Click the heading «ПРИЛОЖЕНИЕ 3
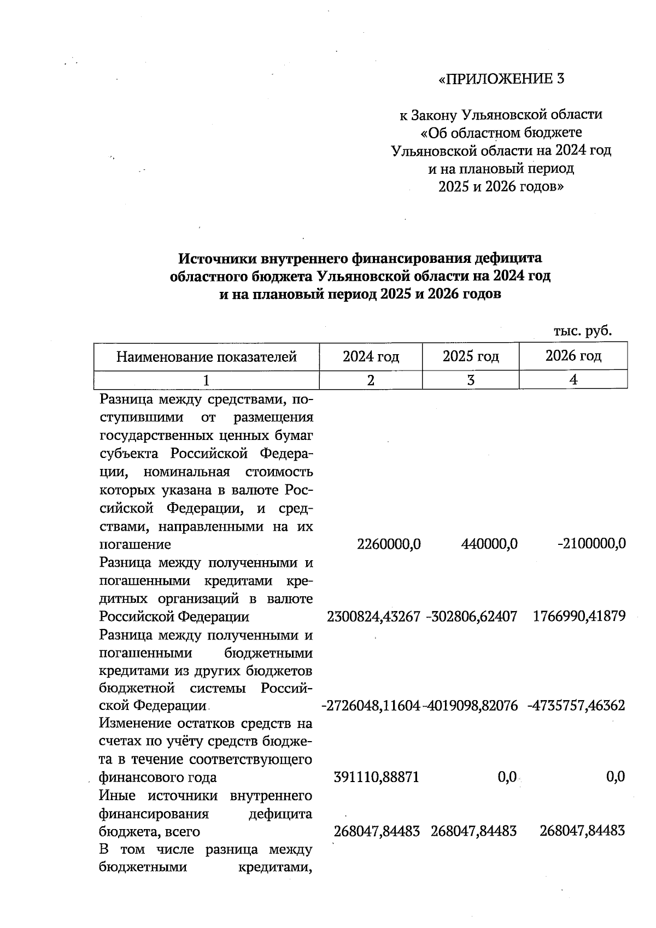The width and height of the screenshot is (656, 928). click(501, 79)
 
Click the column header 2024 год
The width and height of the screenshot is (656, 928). click(371, 357)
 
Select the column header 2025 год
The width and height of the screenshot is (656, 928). click(471, 357)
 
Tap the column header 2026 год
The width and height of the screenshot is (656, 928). click(573, 356)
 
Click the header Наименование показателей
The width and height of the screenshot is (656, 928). click(206, 357)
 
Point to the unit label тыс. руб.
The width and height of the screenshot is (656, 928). click(582, 331)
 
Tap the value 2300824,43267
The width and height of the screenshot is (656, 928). click(373, 617)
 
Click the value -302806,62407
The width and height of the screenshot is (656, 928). click(471, 617)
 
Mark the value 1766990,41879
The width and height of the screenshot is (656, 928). click(578, 617)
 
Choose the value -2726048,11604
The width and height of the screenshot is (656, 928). click(371, 706)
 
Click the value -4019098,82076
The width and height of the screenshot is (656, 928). click(471, 706)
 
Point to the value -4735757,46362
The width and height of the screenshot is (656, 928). click(576, 706)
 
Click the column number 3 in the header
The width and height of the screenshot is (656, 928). click(471, 380)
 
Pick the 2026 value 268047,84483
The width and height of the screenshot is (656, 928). click(582, 831)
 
